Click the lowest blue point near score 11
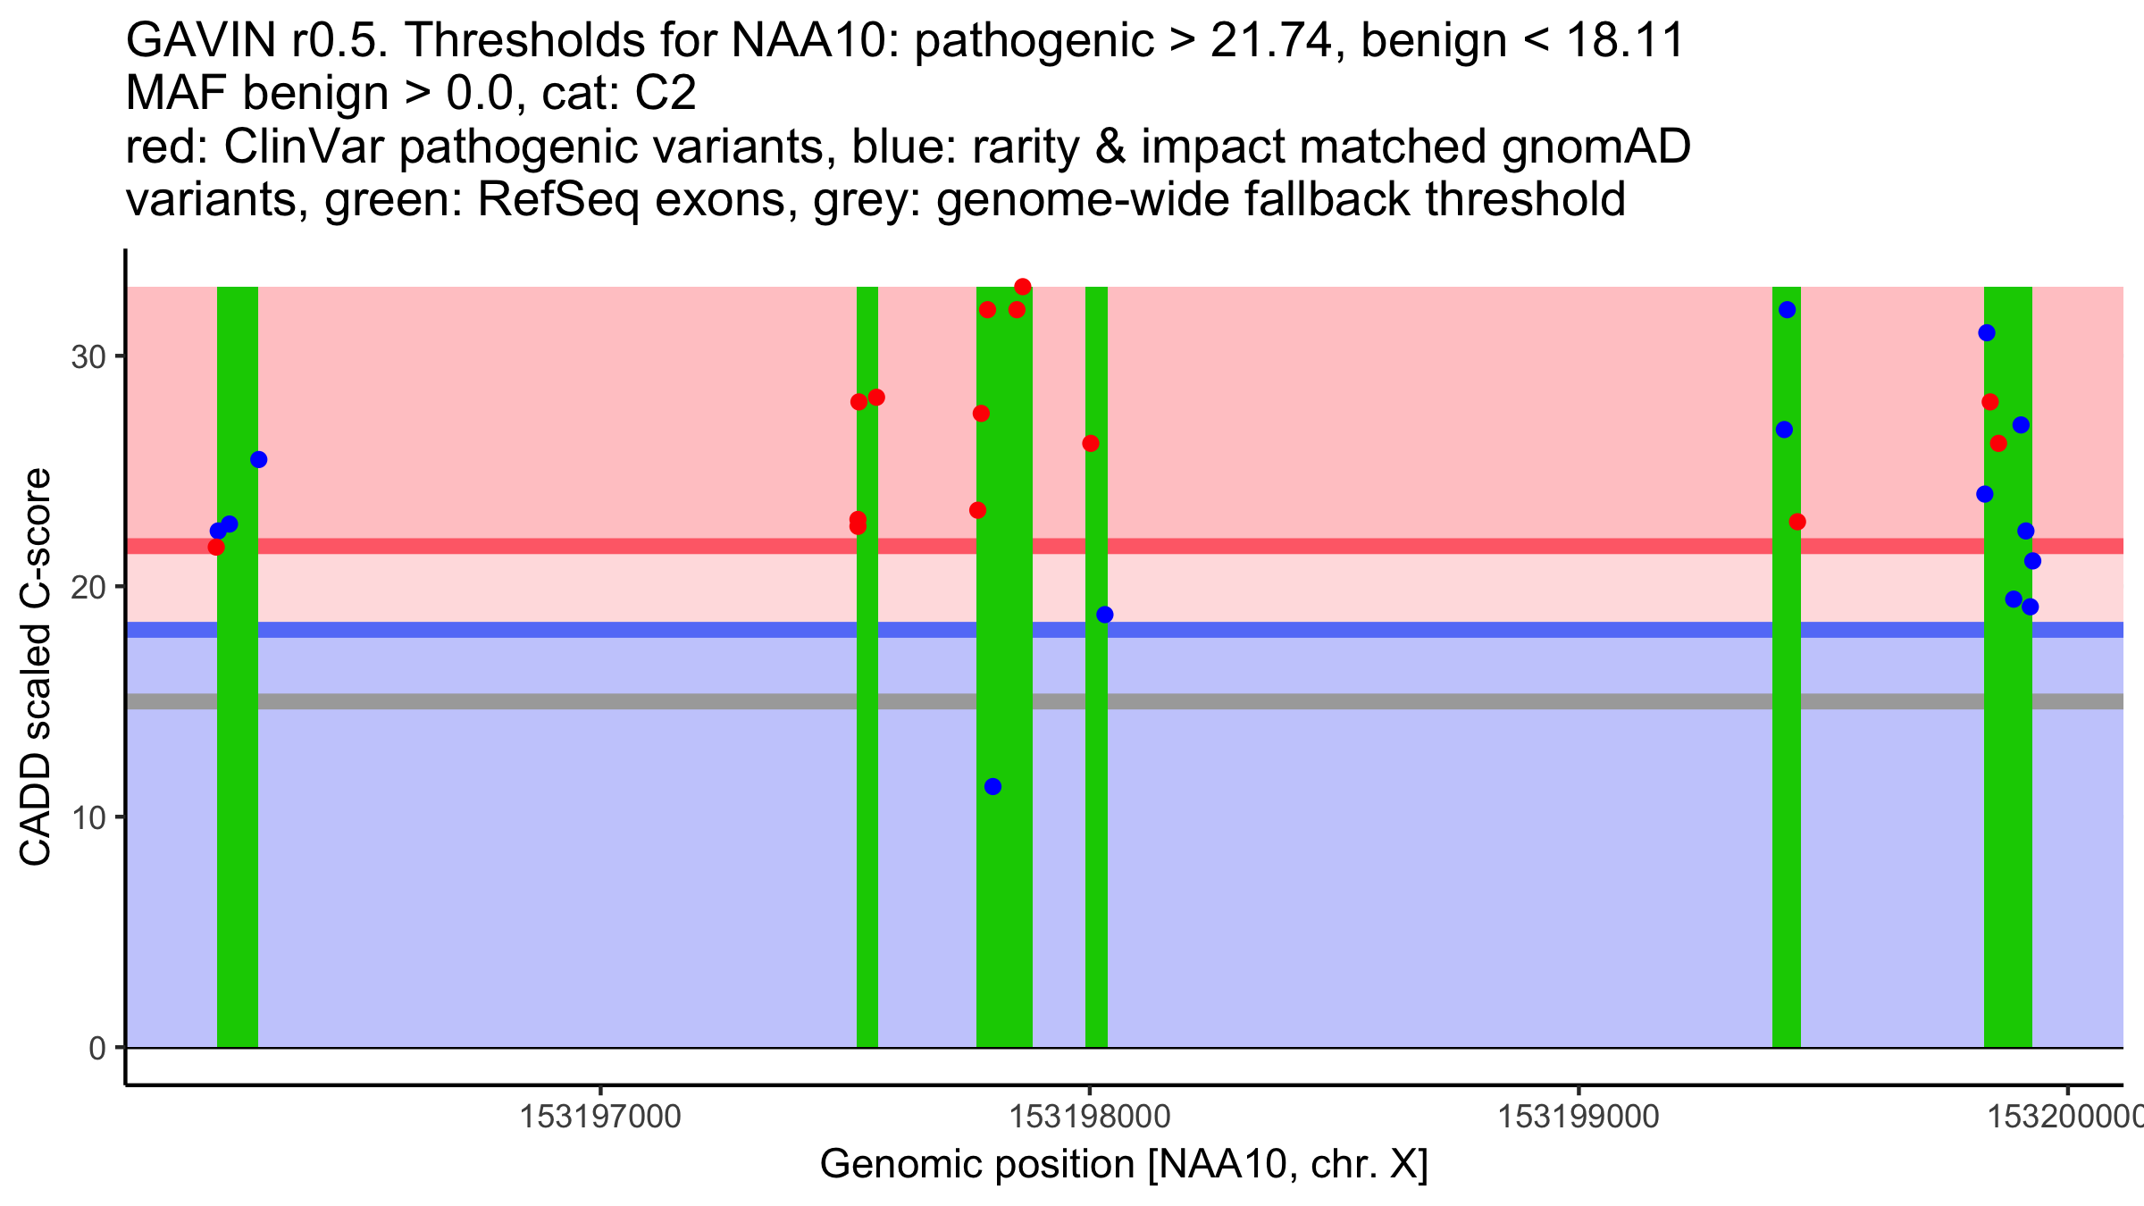[x=992, y=786]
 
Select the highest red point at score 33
[x=1023, y=287]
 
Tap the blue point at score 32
[x=1787, y=310]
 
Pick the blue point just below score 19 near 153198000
[x=1105, y=615]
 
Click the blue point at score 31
[x=1987, y=333]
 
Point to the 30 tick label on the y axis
[x=88, y=356]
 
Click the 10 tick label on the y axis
[x=88, y=817]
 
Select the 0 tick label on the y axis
[x=96, y=1048]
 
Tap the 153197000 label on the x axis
[x=600, y=1117]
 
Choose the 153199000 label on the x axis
[x=1579, y=1117]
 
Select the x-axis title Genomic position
[x=1124, y=1165]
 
